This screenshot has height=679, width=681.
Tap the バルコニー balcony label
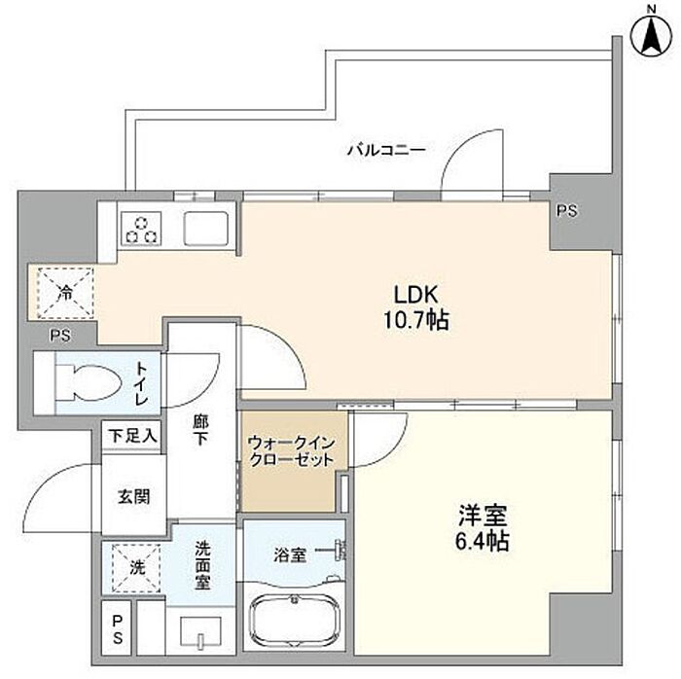point(386,150)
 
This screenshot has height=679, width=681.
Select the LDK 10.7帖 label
point(415,307)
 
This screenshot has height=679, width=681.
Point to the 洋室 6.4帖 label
point(483,528)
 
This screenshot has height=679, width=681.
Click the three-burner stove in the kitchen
point(141,229)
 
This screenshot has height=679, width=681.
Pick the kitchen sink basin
point(206,229)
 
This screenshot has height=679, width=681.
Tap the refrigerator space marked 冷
point(65,293)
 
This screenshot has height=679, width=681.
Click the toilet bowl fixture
point(90,382)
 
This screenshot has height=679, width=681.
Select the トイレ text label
point(141,383)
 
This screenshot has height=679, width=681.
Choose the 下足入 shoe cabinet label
point(132,436)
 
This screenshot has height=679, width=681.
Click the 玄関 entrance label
point(134,496)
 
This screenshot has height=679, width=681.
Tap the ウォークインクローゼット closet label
point(291,451)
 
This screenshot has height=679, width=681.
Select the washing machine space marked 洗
point(136,568)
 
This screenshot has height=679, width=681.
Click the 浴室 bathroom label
point(290,554)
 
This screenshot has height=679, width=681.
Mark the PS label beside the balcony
point(567,211)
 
